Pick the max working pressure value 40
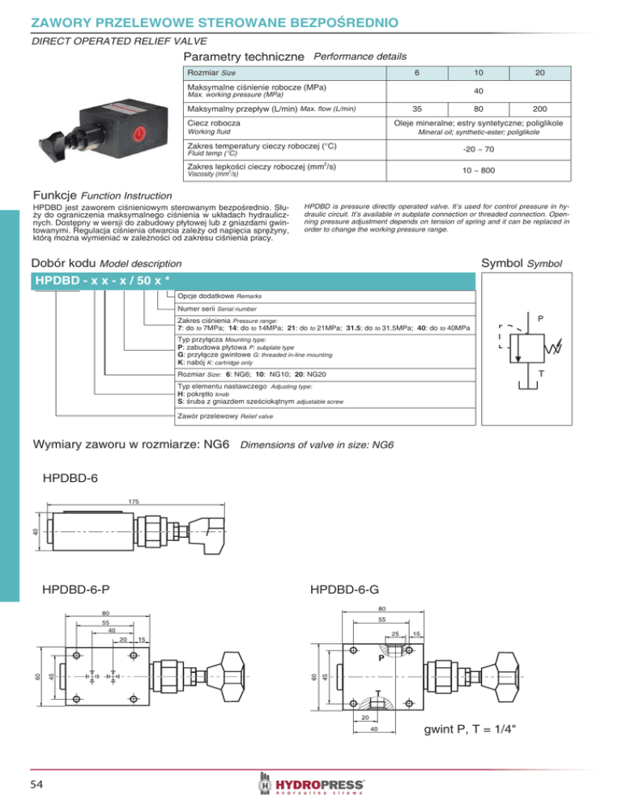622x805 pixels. click(479, 90)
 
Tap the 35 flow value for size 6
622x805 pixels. click(416, 107)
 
